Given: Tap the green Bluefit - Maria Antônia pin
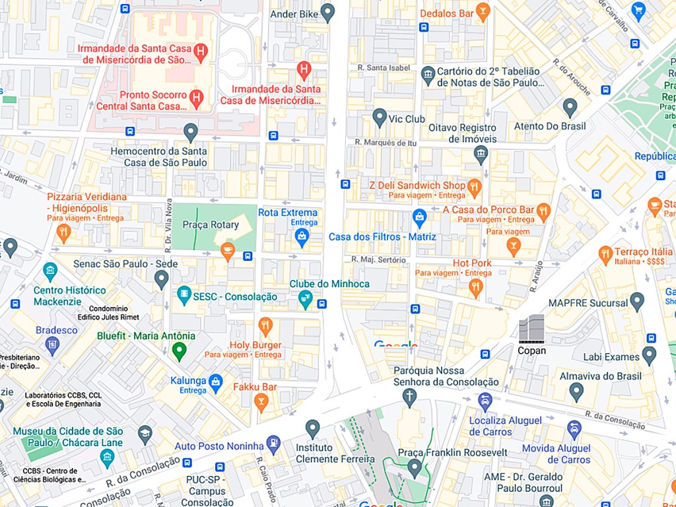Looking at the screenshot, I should [x=178, y=351].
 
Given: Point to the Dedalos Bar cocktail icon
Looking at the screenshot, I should [x=484, y=12].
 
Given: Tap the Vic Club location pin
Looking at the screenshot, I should [x=380, y=118].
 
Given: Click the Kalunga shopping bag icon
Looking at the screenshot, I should [x=216, y=381].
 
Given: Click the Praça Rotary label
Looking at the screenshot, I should [x=211, y=224].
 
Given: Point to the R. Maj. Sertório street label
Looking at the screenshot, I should [x=379, y=259].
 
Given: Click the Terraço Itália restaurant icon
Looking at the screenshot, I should [x=605, y=254].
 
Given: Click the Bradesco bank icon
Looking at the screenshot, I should [x=53, y=344].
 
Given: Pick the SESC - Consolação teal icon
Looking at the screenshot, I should [x=184, y=296].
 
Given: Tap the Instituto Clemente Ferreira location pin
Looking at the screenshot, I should [x=313, y=428].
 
